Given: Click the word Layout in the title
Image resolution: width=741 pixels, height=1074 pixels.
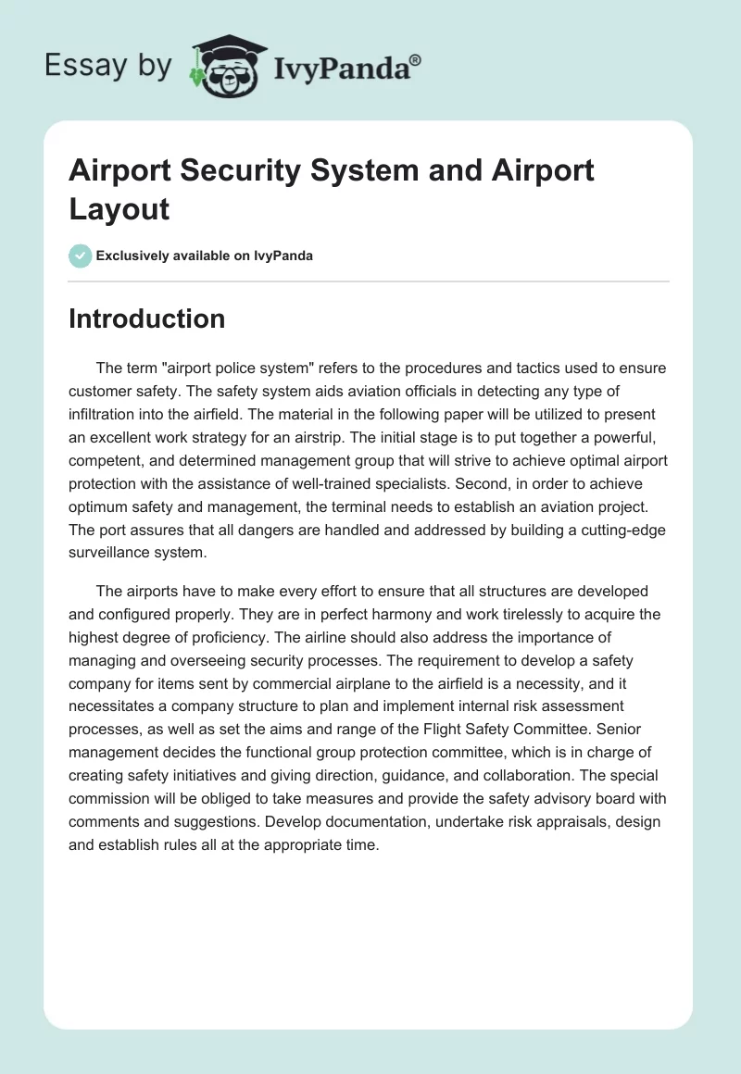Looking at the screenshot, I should [x=119, y=208].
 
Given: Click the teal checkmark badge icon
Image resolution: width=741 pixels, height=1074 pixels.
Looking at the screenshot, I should [x=81, y=256].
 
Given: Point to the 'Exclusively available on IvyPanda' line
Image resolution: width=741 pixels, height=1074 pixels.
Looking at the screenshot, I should [x=205, y=256].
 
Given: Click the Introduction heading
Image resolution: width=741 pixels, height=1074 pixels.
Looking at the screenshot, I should [x=146, y=318].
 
